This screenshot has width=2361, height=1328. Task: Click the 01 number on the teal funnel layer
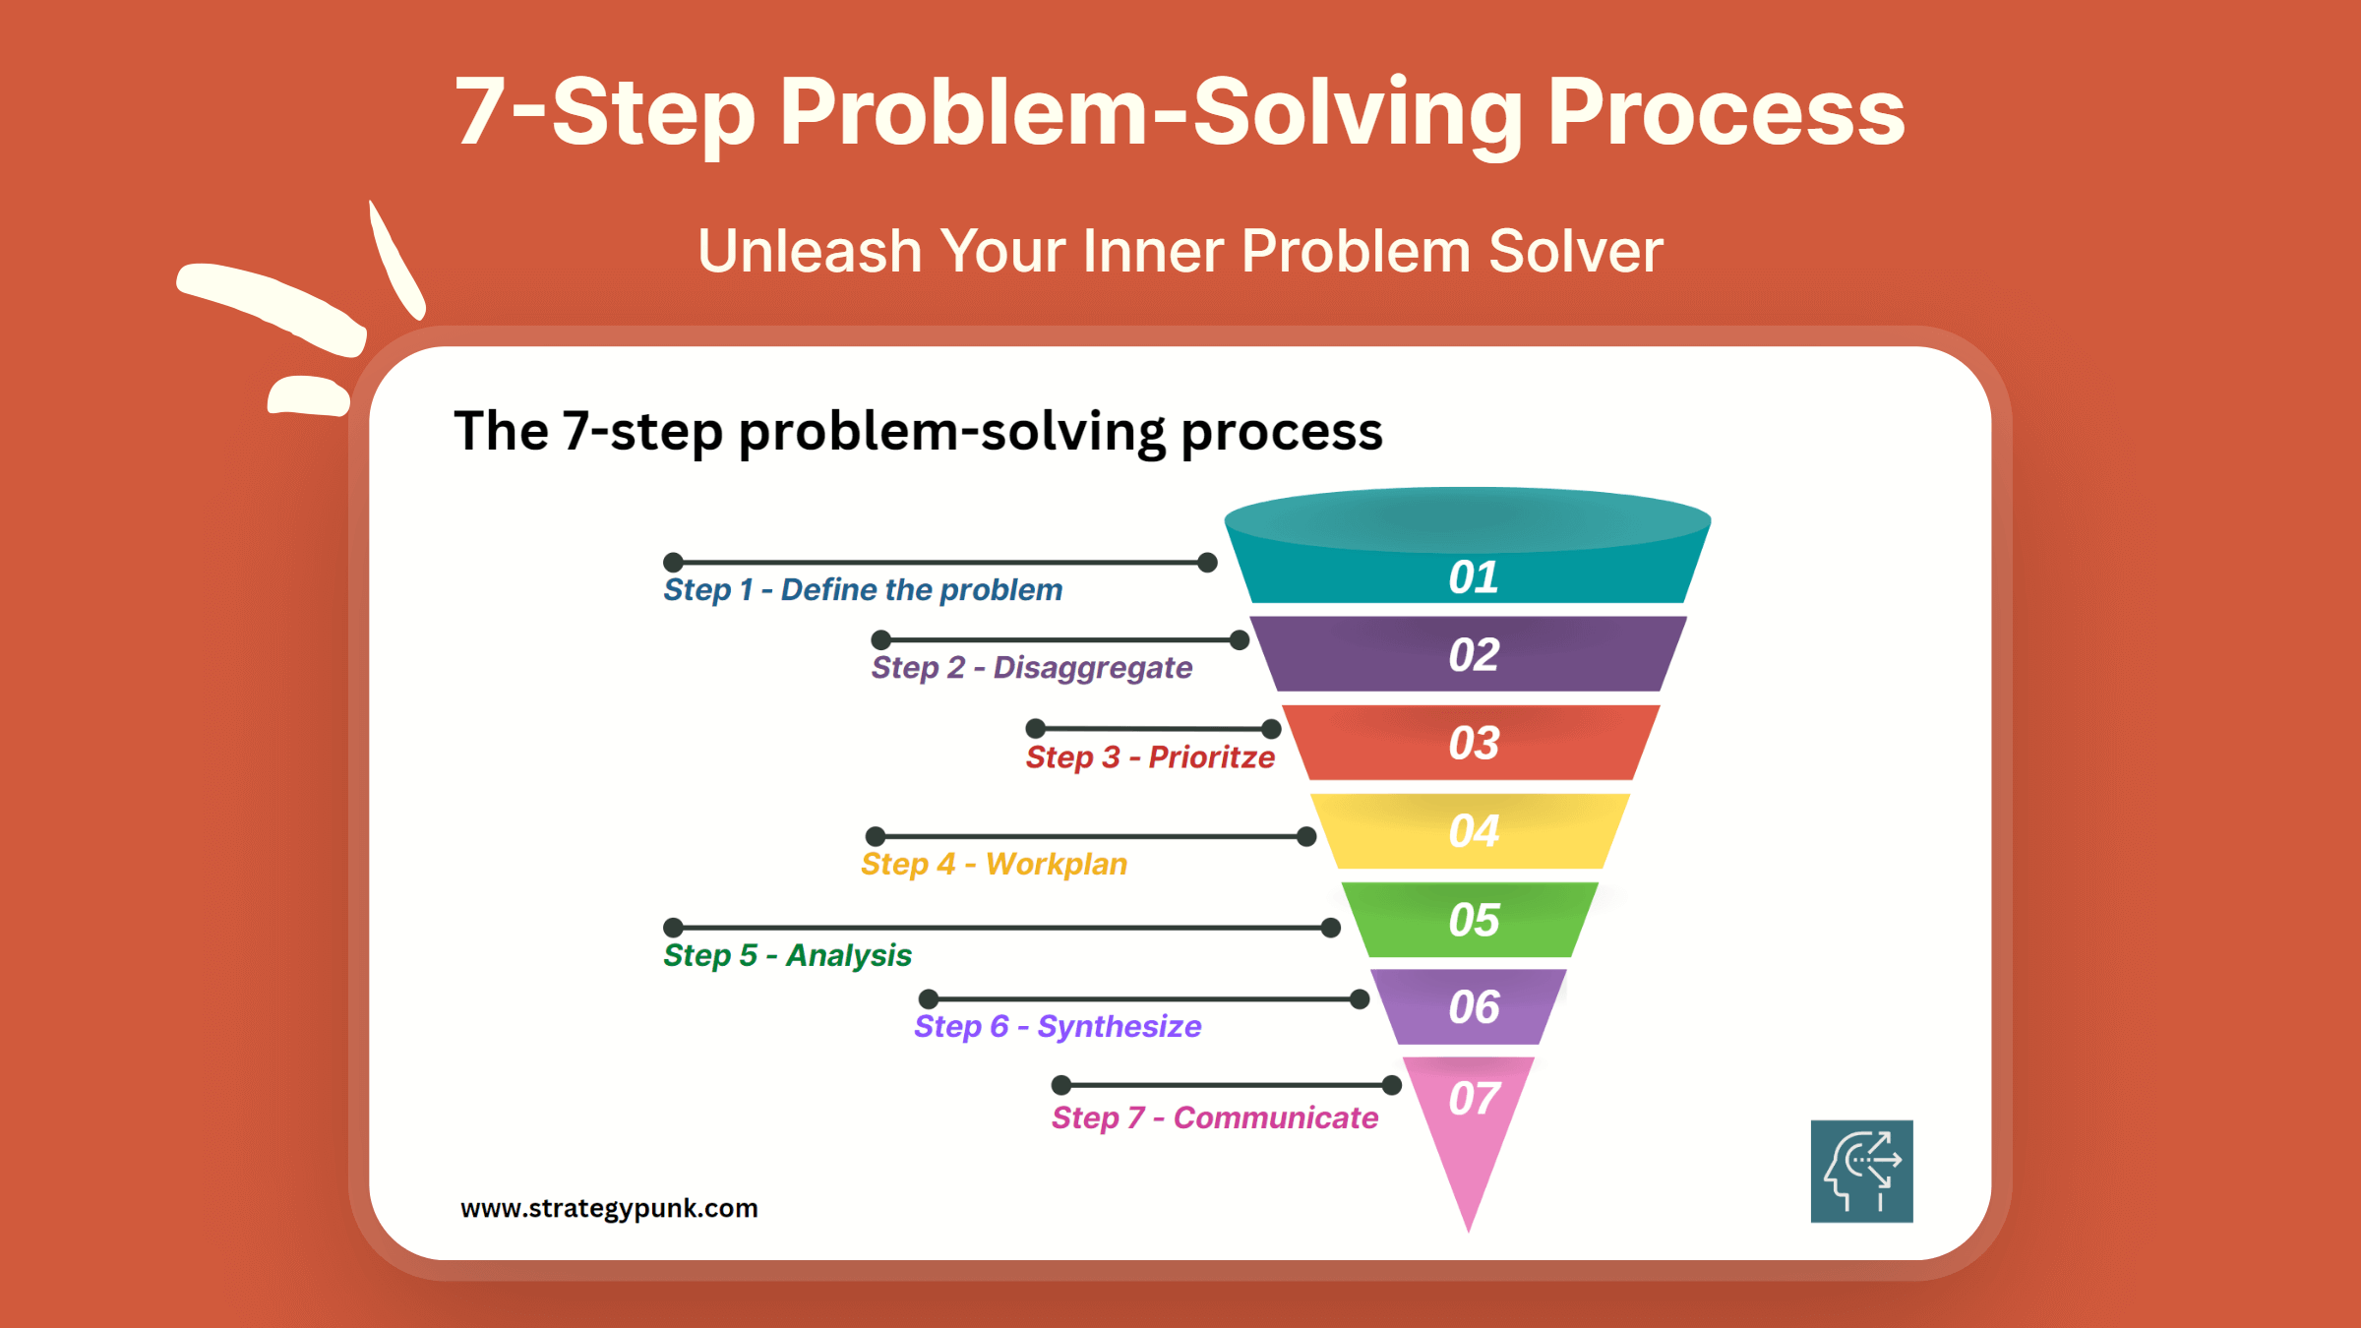point(1473,577)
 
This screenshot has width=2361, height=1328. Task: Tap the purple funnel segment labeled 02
point(1469,654)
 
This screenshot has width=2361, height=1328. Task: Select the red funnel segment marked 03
point(1471,743)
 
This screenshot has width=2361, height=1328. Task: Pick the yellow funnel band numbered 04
point(1471,831)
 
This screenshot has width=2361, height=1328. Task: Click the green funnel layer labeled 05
point(1471,920)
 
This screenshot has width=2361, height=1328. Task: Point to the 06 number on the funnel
point(1474,1007)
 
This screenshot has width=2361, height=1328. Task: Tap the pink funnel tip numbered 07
point(1469,1131)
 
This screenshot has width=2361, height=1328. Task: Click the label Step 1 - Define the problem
point(863,590)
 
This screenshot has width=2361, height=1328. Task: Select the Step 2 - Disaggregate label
point(1032,668)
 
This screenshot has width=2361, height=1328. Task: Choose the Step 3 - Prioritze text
point(1150,757)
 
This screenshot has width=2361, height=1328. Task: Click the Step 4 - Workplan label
point(994,865)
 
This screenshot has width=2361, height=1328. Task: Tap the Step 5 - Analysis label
point(787,955)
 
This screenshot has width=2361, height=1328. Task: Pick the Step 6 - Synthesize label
point(1058,1027)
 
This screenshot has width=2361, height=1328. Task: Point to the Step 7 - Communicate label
point(1215,1118)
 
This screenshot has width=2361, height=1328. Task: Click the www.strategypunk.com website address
point(609,1209)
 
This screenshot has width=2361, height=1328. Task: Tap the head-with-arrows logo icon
point(1862,1172)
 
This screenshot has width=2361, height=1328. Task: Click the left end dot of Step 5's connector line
point(673,928)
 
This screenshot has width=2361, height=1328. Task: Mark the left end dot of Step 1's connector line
point(673,563)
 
